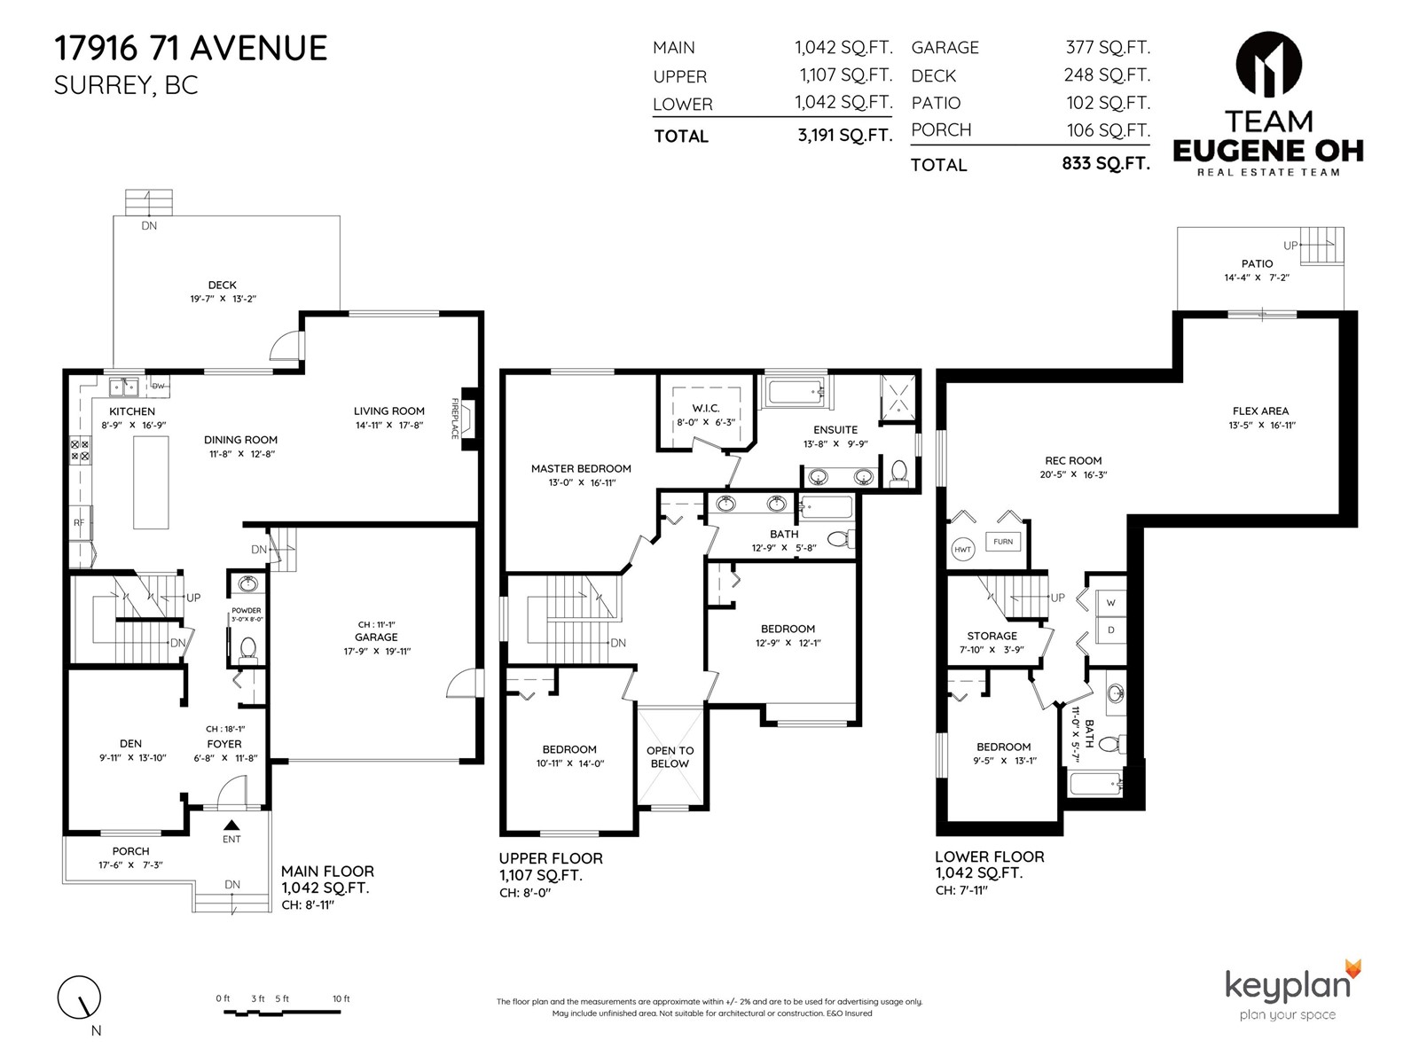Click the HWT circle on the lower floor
click(x=962, y=550)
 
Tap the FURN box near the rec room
click(x=1003, y=542)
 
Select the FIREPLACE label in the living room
click(x=454, y=419)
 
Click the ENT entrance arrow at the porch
click(x=231, y=825)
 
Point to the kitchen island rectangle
click(x=151, y=482)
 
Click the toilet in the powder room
click(x=247, y=648)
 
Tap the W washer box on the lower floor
click(x=1110, y=603)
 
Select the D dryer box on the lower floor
click(x=1110, y=630)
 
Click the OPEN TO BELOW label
click(x=670, y=756)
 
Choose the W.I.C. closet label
click(x=705, y=408)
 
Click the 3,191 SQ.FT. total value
click(x=845, y=135)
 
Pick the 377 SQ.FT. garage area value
click(x=1108, y=47)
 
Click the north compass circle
click(x=79, y=997)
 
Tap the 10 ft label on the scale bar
click(x=341, y=998)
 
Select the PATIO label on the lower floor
click(x=1257, y=263)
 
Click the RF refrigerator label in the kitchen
click(x=79, y=522)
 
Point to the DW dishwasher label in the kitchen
click(x=159, y=386)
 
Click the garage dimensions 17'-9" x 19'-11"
click(x=377, y=651)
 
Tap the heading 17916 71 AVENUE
click(x=191, y=48)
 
